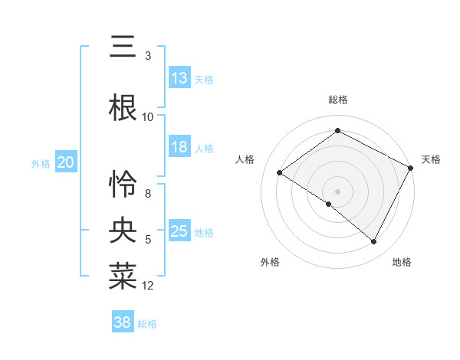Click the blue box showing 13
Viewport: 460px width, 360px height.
pos(179,78)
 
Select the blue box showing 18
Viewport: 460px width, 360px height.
pos(179,147)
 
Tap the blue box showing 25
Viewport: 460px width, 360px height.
pos(179,231)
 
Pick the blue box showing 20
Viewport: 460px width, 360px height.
pos(66,162)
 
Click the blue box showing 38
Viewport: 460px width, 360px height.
pos(123,322)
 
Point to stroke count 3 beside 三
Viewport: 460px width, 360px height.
pos(148,56)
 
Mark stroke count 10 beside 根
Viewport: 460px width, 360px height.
pos(148,117)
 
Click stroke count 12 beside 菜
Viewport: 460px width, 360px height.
pos(148,286)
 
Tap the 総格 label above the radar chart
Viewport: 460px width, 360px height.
pos(337,100)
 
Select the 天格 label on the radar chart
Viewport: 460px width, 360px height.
pos(431,159)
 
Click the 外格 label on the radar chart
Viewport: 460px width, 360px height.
pos(269,262)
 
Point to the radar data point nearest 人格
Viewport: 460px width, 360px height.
pos(280,172)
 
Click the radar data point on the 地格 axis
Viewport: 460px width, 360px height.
pos(374,242)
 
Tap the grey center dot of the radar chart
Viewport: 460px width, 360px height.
pos(337,191)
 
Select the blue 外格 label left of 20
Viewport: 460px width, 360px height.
pos(40,163)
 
